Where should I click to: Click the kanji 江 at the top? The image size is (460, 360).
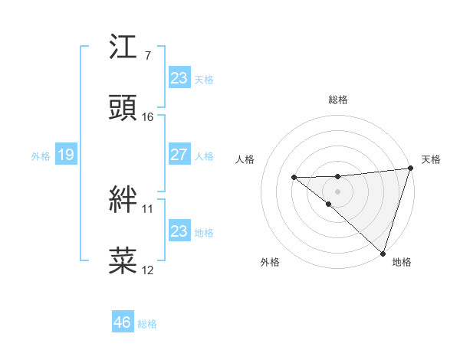pos(123,49)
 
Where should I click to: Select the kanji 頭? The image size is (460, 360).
pos(123,108)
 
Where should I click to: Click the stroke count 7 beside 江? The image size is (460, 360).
pos(147,56)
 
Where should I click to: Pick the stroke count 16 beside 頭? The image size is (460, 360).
pos(148,116)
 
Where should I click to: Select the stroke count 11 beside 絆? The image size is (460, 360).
pos(147,208)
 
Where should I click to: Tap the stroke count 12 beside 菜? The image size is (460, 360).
pos(148,270)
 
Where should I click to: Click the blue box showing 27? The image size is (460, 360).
pos(179,155)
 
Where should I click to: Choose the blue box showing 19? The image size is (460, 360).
pos(65,155)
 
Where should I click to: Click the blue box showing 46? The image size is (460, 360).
pos(123,322)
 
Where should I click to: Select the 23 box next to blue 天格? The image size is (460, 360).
pos(179,78)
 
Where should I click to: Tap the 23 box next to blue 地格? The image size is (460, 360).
pos(179,231)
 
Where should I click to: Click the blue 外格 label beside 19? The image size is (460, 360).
pos(41,156)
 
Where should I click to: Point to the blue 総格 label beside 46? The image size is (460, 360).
pos(147,324)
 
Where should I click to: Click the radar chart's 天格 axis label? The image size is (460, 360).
pos(431,159)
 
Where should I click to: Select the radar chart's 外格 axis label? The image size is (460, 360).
pos(270,262)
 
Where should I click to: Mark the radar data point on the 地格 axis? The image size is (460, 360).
pos(383,252)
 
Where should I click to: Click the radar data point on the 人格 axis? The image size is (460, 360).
pos(294,178)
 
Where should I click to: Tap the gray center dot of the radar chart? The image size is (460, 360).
pos(337,190)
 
